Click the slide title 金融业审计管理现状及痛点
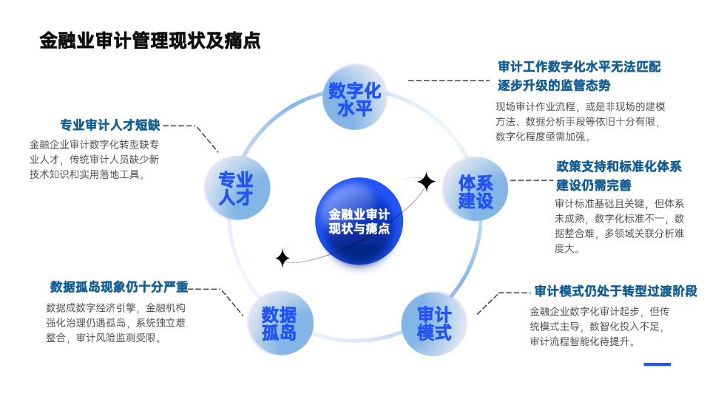150,40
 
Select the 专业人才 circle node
236,188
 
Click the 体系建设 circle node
476,191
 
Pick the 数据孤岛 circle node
278,323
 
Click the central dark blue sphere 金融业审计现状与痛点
359,222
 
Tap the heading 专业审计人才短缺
109,125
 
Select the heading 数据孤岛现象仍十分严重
119,287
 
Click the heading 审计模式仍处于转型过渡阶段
615,290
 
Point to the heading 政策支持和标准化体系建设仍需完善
618,175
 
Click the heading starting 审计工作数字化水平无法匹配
579,75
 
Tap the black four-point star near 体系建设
426,182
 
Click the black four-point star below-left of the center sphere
282,258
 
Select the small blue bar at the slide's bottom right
657,364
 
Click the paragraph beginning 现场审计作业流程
581,121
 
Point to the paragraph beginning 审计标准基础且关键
619,226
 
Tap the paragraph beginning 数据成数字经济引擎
115,323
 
